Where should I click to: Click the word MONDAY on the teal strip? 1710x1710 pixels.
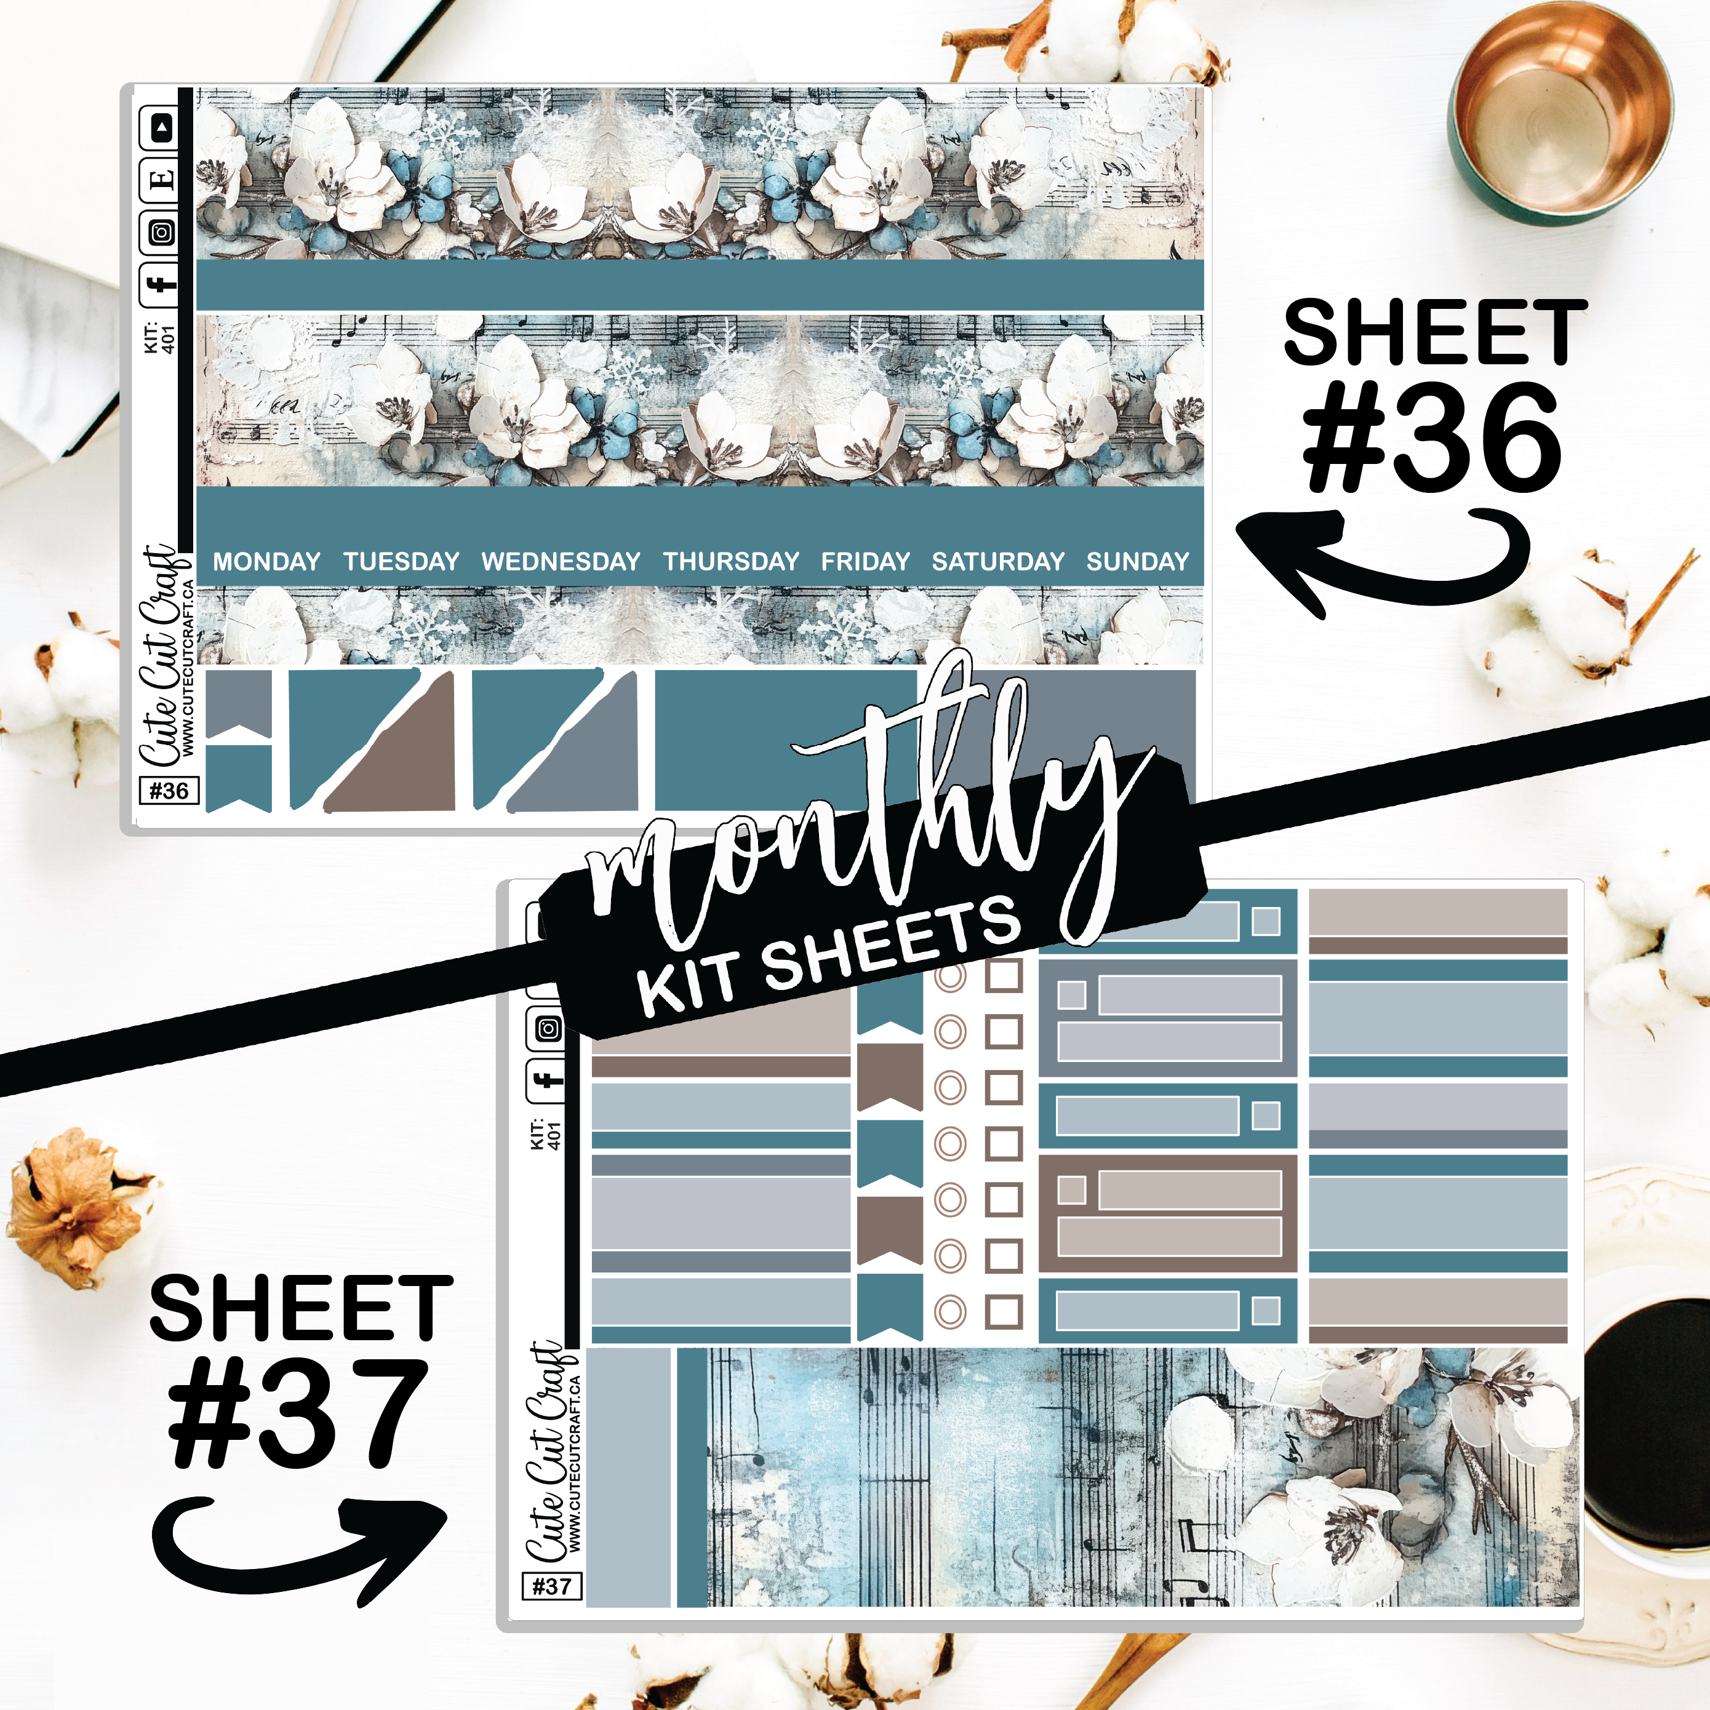pyautogui.click(x=266, y=561)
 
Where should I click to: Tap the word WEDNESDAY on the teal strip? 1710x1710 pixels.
pyautogui.click(x=561, y=561)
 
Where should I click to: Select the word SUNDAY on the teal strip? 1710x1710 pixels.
pyautogui.click(x=1137, y=561)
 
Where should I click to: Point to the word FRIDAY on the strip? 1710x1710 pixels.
pyautogui.click(x=865, y=561)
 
